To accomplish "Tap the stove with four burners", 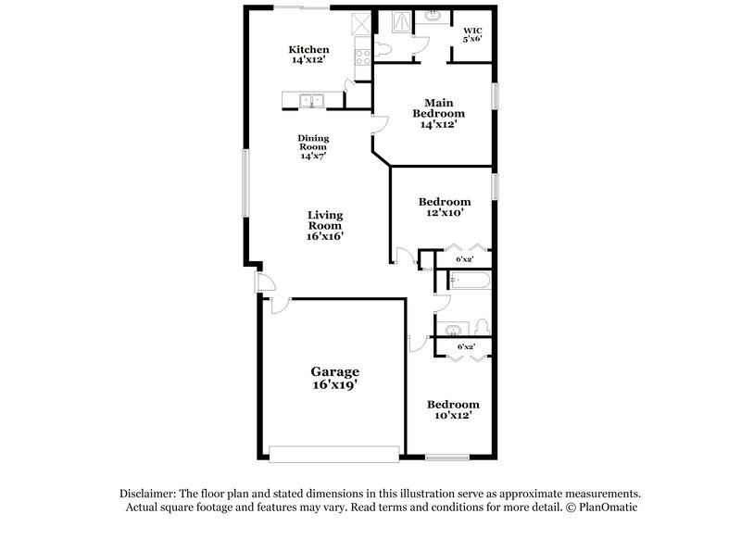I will point(360,54).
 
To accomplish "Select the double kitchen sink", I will point(311,100).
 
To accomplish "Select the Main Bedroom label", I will point(438,113).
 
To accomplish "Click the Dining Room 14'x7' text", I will point(313,147).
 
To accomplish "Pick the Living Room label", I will point(325,225).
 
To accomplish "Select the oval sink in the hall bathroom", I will point(454,330).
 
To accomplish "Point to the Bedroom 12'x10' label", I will point(444,207).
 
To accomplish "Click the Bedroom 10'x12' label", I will point(452,409).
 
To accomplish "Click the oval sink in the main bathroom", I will point(433,17).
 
